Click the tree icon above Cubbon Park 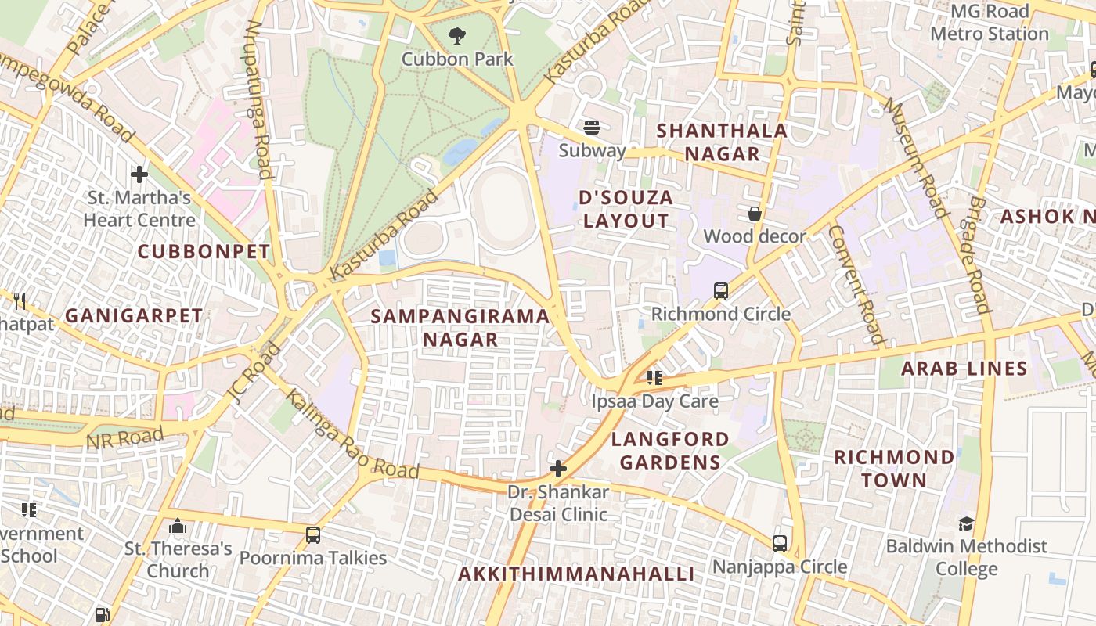tap(457, 35)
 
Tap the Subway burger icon tap(592, 127)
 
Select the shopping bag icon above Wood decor tap(754, 214)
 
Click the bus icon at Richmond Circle tap(721, 291)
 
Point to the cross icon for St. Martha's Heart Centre tap(139, 174)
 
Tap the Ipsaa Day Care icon tap(654, 379)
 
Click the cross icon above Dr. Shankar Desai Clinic tap(558, 469)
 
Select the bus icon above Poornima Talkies tap(313, 535)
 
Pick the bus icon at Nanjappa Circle tap(780, 543)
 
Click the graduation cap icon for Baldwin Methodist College tap(966, 523)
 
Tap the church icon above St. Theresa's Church tap(178, 526)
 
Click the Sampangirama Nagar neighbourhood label tap(460, 328)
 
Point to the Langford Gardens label tap(670, 450)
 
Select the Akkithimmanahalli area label tap(576, 574)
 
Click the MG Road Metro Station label tap(989, 23)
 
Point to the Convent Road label tap(856, 285)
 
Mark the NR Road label tap(125, 438)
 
